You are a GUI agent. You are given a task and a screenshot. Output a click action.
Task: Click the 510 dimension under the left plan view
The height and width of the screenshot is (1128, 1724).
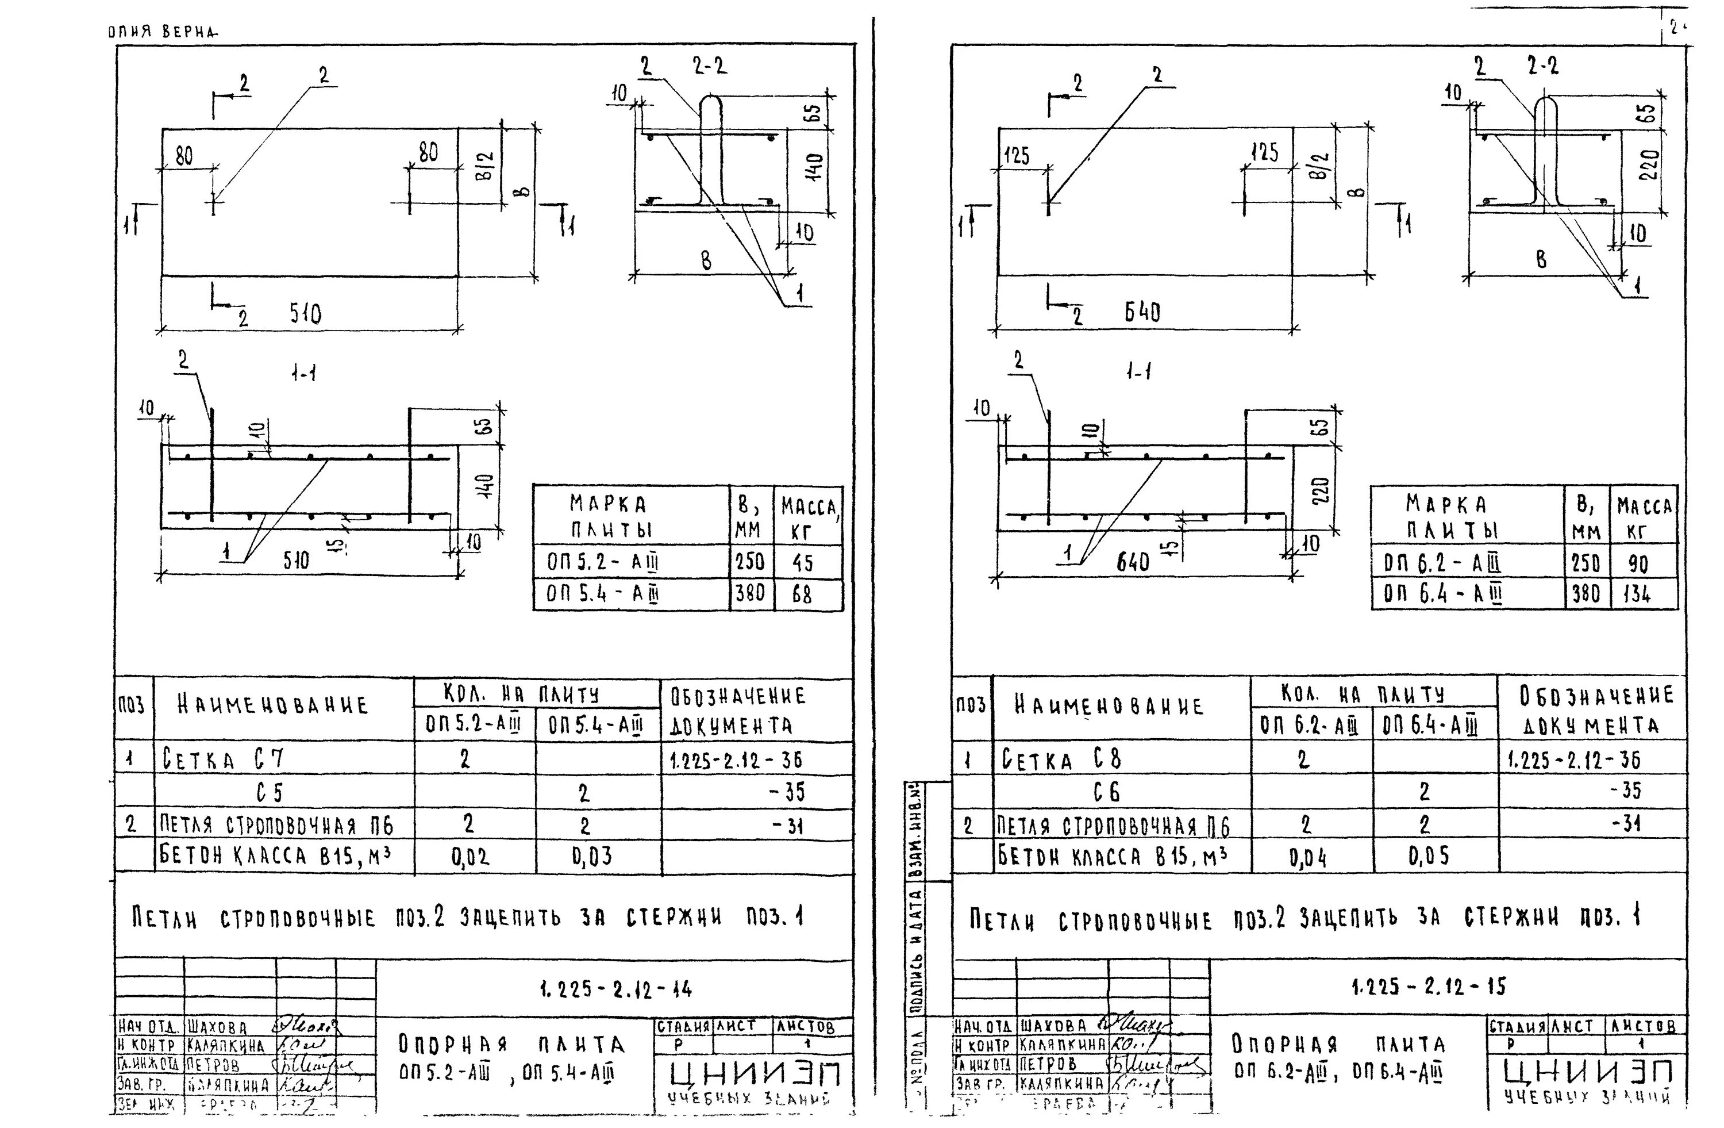pyautogui.click(x=306, y=314)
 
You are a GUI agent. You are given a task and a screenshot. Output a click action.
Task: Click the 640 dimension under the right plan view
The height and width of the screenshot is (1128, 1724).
pyautogui.click(x=1142, y=312)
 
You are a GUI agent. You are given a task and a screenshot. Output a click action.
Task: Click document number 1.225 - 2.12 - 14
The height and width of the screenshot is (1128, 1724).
pyautogui.click(x=615, y=988)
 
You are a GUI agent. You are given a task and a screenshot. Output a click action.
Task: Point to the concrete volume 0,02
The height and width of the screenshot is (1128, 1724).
pyautogui.click(x=470, y=858)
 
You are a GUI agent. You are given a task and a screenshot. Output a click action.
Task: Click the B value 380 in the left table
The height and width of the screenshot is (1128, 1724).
pyautogui.click(x=750, y=594)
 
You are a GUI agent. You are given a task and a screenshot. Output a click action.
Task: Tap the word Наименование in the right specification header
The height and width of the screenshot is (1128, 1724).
pyautogui.click(x=1109, y=705)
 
